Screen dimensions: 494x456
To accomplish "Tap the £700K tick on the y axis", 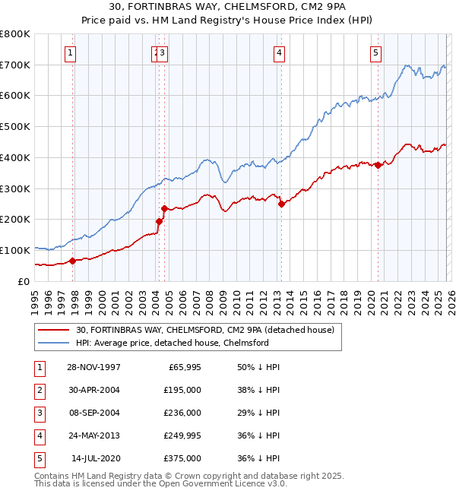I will click(15, 65).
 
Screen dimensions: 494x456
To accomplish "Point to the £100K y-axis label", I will click(15, 250).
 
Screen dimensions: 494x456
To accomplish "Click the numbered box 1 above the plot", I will click(70, 52).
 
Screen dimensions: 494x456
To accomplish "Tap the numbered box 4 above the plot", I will click(280, 52).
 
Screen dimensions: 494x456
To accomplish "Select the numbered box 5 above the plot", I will click(376, 52).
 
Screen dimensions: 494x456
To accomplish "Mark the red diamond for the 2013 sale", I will click(281, 204).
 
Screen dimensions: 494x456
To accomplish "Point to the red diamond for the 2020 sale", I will click(378, 165).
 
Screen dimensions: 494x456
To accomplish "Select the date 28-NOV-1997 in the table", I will click(94, 367).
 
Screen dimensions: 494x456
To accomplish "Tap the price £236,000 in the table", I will click(182, 413).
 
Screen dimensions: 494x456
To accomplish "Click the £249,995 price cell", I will click(182, 435).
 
